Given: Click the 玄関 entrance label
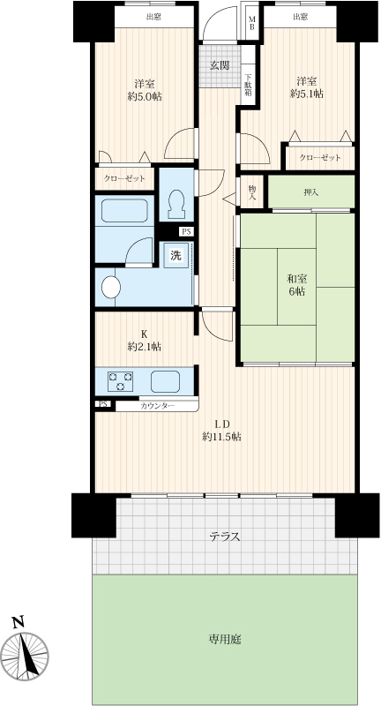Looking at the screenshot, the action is (x=220, y=65).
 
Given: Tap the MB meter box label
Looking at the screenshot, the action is (x=252, y=23).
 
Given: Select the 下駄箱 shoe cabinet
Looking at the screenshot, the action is (x=249, y=85).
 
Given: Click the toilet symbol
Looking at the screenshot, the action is (x=176, y=205).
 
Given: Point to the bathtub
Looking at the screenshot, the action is (x=124, y=210).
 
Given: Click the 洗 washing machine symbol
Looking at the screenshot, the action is (x=176, y=255).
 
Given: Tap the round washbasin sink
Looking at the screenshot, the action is (x=111, y=288).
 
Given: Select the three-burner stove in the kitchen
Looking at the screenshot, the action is (x=120, y=381).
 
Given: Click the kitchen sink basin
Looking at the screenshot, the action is (x=165, y=381).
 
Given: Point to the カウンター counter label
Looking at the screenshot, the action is (x=158, y=406).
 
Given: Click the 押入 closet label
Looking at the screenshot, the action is (x=310, y=192).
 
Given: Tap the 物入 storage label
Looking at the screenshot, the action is (x=252, y=192).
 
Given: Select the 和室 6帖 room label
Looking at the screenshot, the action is (x=297, y=285).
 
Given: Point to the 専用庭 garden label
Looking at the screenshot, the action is (x=225, y=639).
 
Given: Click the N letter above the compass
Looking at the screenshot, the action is (x=18, y=623).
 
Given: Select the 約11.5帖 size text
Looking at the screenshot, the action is (x=221, y=436).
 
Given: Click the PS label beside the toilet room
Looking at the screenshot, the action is (x=187, y=231).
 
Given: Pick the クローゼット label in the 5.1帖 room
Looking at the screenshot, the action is (x=320, y=158).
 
